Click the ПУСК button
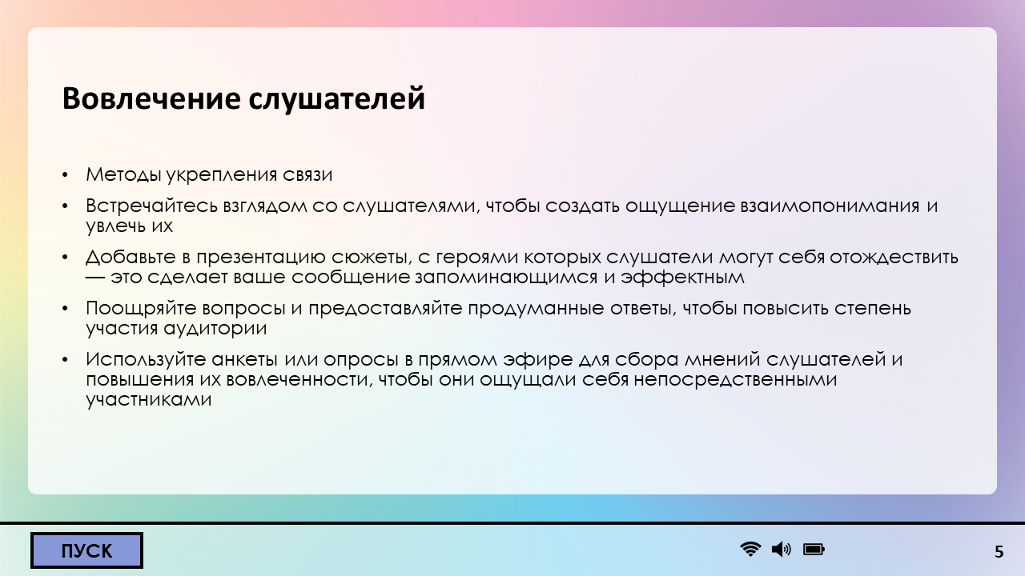86,550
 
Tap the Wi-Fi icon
750,549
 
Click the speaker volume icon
781,549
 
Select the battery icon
814,549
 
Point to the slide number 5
999,552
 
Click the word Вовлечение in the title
151,98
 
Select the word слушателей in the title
337,99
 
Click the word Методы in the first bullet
123,174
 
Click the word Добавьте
131,258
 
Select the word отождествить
894,258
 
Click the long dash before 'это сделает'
95,277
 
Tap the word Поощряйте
141,309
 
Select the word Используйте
146,360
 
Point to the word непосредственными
735,380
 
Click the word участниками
149,400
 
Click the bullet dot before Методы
65,175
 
